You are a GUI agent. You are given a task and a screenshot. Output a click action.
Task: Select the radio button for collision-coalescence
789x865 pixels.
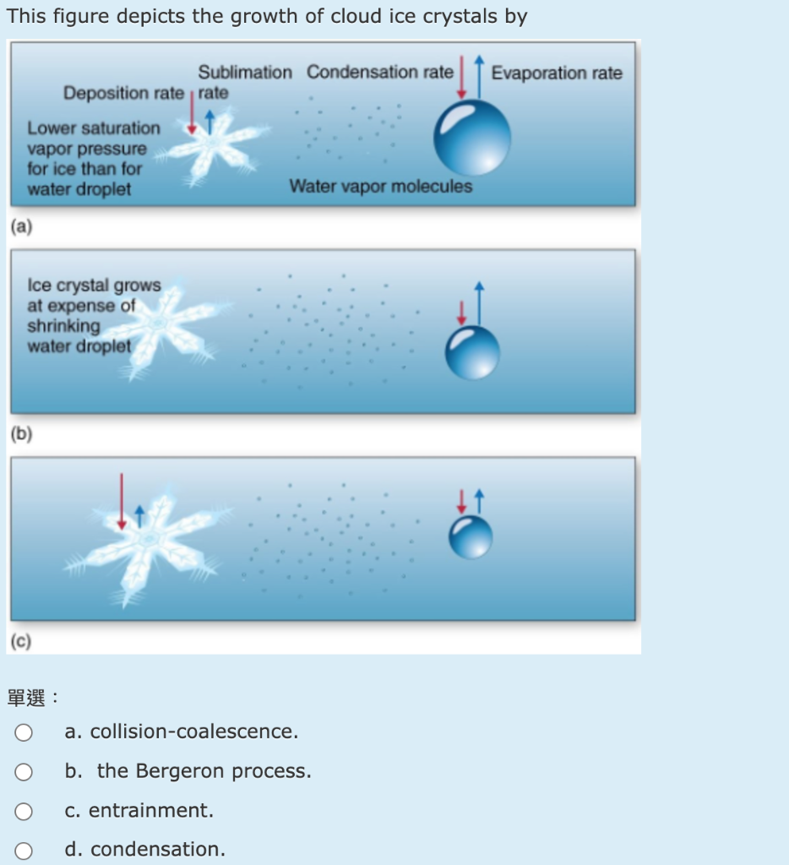tap(24, 732)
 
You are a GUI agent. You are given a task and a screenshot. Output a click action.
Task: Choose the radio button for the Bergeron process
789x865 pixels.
tap(24, 771)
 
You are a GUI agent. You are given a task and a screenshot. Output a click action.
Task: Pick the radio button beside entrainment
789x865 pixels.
tap(24, 811)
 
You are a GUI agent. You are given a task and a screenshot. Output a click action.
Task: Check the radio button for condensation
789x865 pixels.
tap(24, 850)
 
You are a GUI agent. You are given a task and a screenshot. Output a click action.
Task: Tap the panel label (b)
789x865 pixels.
tap(20, 434)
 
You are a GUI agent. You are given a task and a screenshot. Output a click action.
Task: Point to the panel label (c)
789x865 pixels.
tap(20, 642)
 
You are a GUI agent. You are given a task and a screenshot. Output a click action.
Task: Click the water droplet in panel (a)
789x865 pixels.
tap(471, 138)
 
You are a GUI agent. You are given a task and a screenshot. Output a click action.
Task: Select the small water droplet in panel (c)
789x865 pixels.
tap(470, 536)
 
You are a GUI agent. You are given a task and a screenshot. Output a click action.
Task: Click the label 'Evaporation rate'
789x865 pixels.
tap(557, 73)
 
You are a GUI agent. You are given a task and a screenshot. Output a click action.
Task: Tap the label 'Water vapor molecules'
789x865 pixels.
tap(380, 186)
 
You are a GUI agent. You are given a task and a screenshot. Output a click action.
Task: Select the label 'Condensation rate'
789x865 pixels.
tap(379, 73)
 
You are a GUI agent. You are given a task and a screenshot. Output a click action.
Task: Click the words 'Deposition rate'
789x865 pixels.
tap(122, 93)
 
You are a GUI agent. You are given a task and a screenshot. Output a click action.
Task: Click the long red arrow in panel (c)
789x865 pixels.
tap(122, 500)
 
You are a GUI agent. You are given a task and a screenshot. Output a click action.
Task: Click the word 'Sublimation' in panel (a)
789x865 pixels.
tap(245, 73)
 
